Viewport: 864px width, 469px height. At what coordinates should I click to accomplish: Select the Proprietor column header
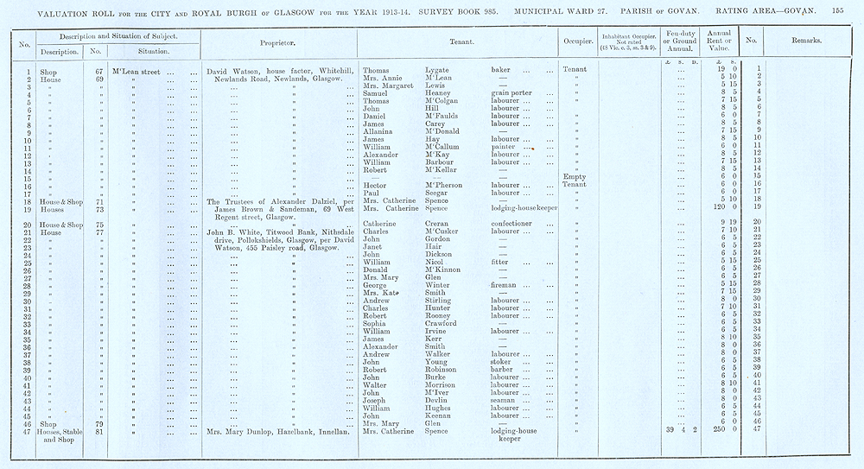[x=277, y=41]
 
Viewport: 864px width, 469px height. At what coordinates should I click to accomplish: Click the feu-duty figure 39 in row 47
[x=668, y=430]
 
